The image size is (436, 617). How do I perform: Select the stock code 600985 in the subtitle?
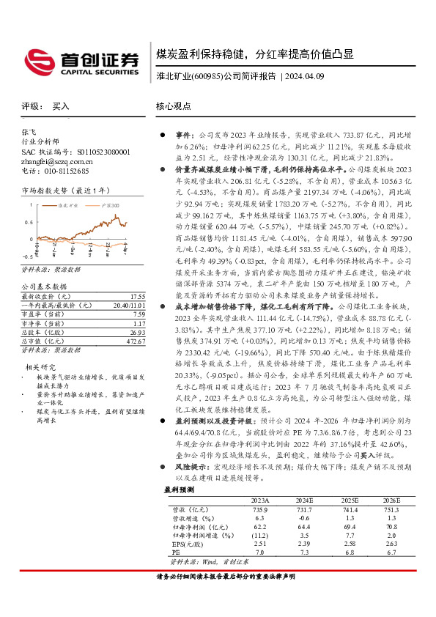tap(207, 75)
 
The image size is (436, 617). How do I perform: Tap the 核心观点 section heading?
tap(174, 106)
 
